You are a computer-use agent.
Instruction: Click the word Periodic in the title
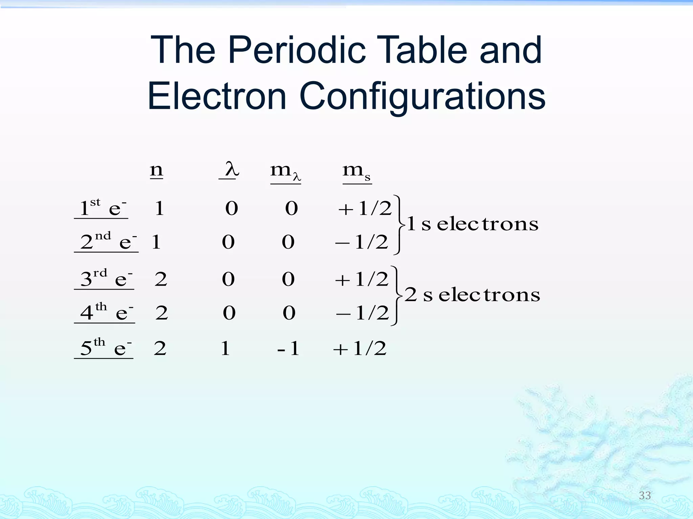click(297, 51)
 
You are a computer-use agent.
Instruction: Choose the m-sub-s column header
click(357, 172)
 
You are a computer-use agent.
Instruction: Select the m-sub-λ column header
click(285, 172)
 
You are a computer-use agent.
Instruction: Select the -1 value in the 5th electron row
click(288, 348)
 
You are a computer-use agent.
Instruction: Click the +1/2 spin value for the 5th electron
click(359, 348)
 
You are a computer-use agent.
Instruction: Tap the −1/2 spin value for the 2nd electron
click(361, 242)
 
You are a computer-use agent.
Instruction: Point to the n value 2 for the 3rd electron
click(161, 279)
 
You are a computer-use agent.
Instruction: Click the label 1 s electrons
click(472, 224)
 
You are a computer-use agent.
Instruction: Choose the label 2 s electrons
click(472, 295)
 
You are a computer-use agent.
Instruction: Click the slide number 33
click(645, 495)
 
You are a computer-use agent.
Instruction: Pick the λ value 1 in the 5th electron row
click(225, 348)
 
